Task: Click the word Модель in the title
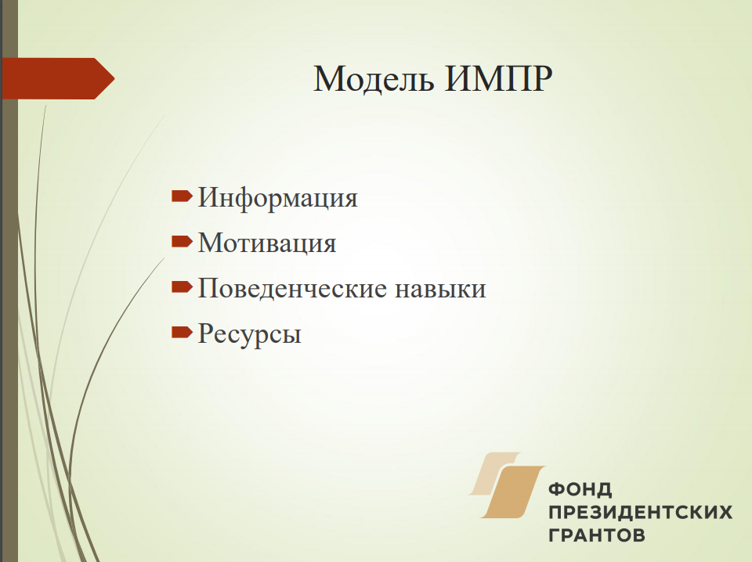374,79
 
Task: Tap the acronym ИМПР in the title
498,78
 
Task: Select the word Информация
277,198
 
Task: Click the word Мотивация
267,243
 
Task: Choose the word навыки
440,289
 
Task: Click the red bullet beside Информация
182,196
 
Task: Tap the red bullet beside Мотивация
182,241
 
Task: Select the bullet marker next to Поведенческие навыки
182,286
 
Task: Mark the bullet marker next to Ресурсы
182,332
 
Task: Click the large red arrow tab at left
58,78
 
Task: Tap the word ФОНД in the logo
580,490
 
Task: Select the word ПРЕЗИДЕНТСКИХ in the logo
640,512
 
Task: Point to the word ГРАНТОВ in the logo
597,535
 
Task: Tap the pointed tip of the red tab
114,78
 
